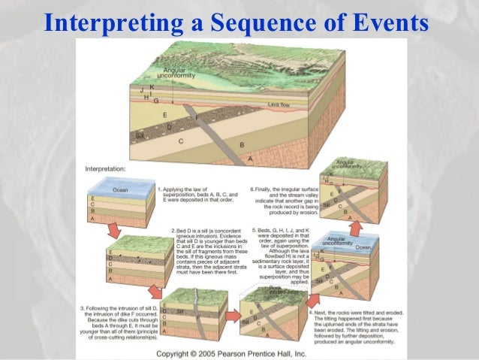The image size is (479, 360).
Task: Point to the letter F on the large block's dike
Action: tap(197, 118)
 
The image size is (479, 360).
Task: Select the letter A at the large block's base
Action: tap(249, 160)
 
